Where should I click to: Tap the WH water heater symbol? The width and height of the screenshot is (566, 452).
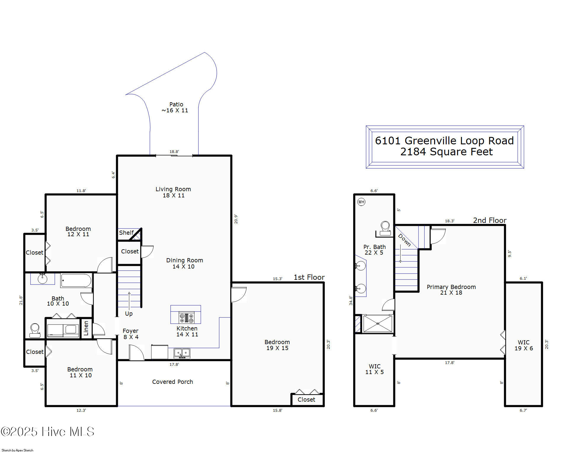coord(361,202)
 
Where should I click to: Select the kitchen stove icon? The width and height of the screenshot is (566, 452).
coord(186,318)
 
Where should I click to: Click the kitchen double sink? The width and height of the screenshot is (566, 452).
coord(182,353)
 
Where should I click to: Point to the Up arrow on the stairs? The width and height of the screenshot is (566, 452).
coord(129,301)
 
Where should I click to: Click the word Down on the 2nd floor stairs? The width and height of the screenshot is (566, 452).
coord(404,240)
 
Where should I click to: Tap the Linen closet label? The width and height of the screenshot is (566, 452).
coord(86,328)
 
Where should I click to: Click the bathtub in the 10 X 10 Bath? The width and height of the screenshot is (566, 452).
coord(76,280)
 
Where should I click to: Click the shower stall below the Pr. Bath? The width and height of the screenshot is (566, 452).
coord(377,324)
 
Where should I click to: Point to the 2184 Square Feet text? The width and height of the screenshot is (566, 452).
coord(446,152)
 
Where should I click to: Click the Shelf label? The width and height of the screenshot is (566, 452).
coord(126,233)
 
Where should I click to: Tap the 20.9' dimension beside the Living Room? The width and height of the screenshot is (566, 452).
coord(236,219)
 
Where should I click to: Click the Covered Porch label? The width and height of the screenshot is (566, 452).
coord(172,382)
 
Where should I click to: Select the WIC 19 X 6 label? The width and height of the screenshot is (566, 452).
coord(523,345)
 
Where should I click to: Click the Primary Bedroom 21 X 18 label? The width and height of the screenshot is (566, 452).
coord(451,290)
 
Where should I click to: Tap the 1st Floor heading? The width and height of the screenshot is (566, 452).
coord(309,277)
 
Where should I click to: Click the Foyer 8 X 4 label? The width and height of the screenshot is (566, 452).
coord(131,334)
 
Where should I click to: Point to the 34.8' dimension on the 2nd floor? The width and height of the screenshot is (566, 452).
coord(351,300)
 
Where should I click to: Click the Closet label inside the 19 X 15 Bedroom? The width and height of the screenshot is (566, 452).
coord(306,400)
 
